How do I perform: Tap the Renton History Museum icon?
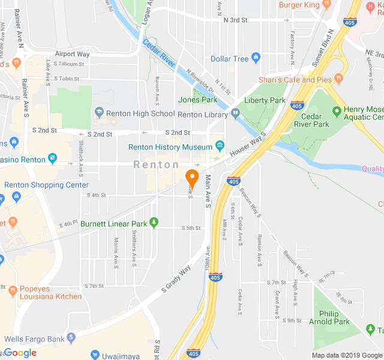pyautogui.click(x=220, y=146)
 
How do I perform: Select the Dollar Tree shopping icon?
pyautogui.click(x=256, y=58)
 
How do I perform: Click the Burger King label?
pyautogui.click(x=299, y=5)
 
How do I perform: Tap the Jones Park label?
pyautogui.click(x=197, y=100)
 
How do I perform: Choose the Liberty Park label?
pyautogui.click(x=265, y=100)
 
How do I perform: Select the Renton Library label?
pyautogui.click(x=202, y=114)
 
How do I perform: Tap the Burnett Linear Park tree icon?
pyautogui.click(x=154, y=223)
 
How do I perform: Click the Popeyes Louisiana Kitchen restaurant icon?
pyautogui.click(x=12, y=290)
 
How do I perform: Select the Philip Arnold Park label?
pyautogui.click(x=334, y=317)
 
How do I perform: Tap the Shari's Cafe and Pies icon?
pyautogui.click(x=339, y=79)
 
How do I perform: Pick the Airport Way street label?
pyautogui.click(x=72, y=54)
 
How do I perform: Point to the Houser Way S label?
pyautogui.click(x=248, y=145)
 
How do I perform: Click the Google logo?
pyautogui.click(x=20, y=353)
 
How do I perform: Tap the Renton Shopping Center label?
pyautogui.click(x=46, y=185)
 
